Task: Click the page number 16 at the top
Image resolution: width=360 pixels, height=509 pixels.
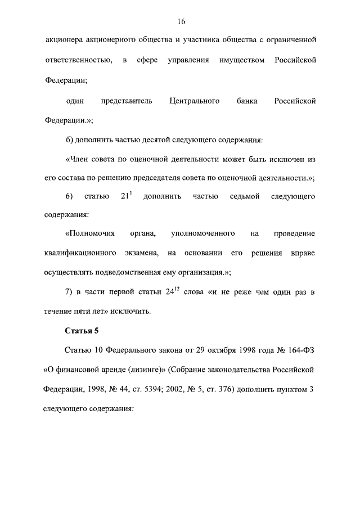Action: (180, 21)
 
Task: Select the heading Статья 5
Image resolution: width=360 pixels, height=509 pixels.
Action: (82, 331)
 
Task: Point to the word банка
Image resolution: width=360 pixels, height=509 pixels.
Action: (247, 101)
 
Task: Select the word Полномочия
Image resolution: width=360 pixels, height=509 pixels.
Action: (90, 233)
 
